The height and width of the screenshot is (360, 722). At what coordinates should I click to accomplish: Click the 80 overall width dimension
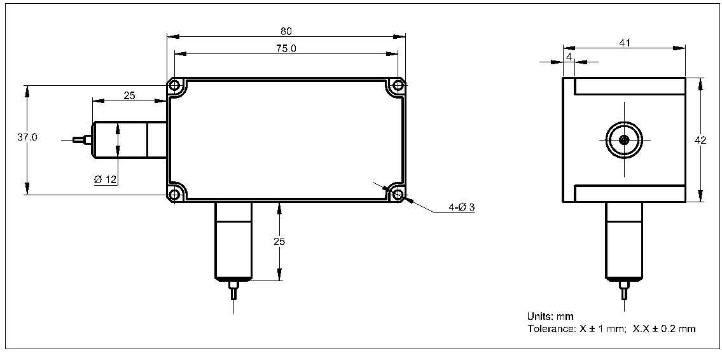click(286, 31)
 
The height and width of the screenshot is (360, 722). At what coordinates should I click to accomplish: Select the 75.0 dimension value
click(286, 49)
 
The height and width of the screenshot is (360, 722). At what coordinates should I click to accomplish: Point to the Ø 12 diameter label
click(105, 179)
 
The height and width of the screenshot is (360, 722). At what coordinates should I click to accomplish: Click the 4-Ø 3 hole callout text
click(461, 207)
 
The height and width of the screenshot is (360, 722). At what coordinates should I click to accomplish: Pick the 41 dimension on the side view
click(624, 43)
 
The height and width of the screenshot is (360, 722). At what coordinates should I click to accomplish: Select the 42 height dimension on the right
click(700, 141)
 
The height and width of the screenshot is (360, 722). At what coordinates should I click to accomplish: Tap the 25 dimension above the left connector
click(129, 96)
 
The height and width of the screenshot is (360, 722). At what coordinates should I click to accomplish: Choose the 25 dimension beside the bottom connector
click(279, 242)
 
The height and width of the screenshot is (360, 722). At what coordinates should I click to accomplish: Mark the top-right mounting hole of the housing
click(398, 86)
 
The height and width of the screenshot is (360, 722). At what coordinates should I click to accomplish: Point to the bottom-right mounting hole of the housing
click(398, 193)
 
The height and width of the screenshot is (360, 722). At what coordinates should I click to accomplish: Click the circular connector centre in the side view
click(624, 140)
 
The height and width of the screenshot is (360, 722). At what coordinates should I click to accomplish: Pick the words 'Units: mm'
click(550, 316)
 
